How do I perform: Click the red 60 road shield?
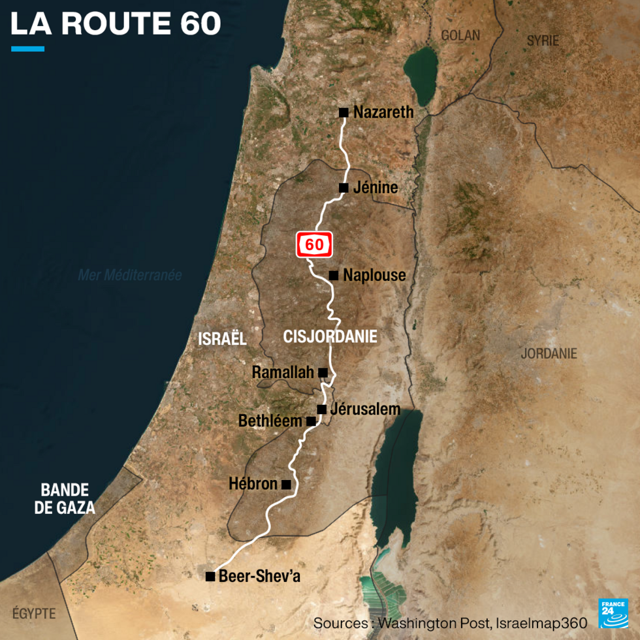tap(315, 245)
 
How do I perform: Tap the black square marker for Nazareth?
tap(344, 112)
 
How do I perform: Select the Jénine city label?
tap(375, 188)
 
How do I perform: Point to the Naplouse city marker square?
tap(334, 276)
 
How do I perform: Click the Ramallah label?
tap(283, 373)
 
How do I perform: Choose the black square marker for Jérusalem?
tap(321, 409)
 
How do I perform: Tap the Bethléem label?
tap(270, 421)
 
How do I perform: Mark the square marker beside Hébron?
tap(285, 485)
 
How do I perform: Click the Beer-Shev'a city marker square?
tap(210, 576)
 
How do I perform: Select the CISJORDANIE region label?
tap(330, 336)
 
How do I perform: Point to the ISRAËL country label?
tap(223, 338)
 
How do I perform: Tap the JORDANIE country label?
tap(549, 353)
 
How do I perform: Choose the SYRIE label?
tap(543, 40)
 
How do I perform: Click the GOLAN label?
tap(460, 35)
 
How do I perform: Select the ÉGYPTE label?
tap(34, 614)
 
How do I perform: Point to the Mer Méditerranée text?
tap(130, 276)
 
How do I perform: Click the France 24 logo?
tap(613, 613)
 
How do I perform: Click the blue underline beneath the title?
tap(27, 48)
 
